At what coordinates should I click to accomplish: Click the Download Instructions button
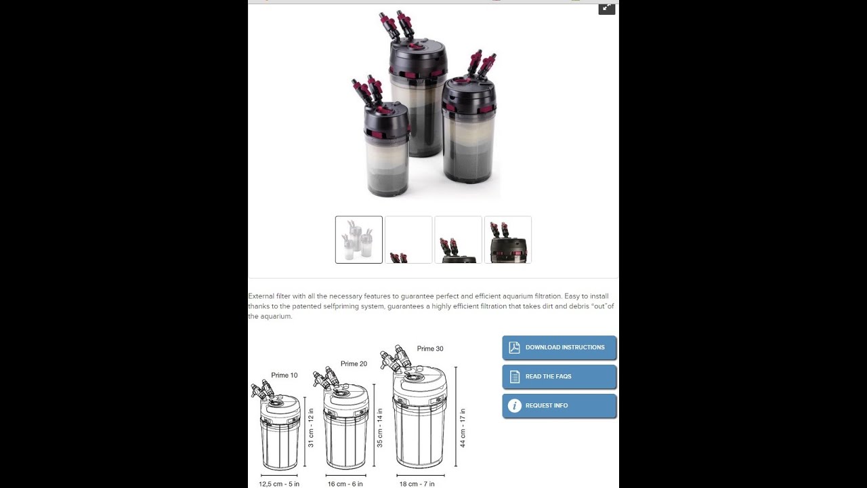(559, 348)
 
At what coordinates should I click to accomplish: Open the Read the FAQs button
(559, 376)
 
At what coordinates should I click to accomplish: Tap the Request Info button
(559, 406)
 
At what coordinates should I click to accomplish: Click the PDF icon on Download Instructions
(514, 348)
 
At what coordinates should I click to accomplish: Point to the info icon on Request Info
(514, 406)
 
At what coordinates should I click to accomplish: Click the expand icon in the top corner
(606, 8)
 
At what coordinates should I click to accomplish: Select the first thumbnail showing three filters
(359, 240)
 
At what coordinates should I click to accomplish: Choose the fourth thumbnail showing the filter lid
(508, 240)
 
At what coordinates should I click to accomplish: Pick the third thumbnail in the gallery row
(459, 240)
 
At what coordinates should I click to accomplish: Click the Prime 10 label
(284, 375)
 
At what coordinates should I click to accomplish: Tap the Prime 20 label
(354, 364)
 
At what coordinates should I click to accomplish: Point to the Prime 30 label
(430, 348)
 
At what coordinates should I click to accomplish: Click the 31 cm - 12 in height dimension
(310, 428)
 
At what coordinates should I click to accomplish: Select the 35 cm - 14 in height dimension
(380, 428)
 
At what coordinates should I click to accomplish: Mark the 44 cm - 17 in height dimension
(463, 428)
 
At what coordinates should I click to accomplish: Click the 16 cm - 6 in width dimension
(345, 484)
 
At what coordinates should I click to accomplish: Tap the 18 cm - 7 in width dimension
(417, 484)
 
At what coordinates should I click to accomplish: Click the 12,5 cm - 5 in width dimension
(279, 484)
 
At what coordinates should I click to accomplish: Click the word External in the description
(261, 296)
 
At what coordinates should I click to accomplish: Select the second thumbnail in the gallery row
(408, 240)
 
